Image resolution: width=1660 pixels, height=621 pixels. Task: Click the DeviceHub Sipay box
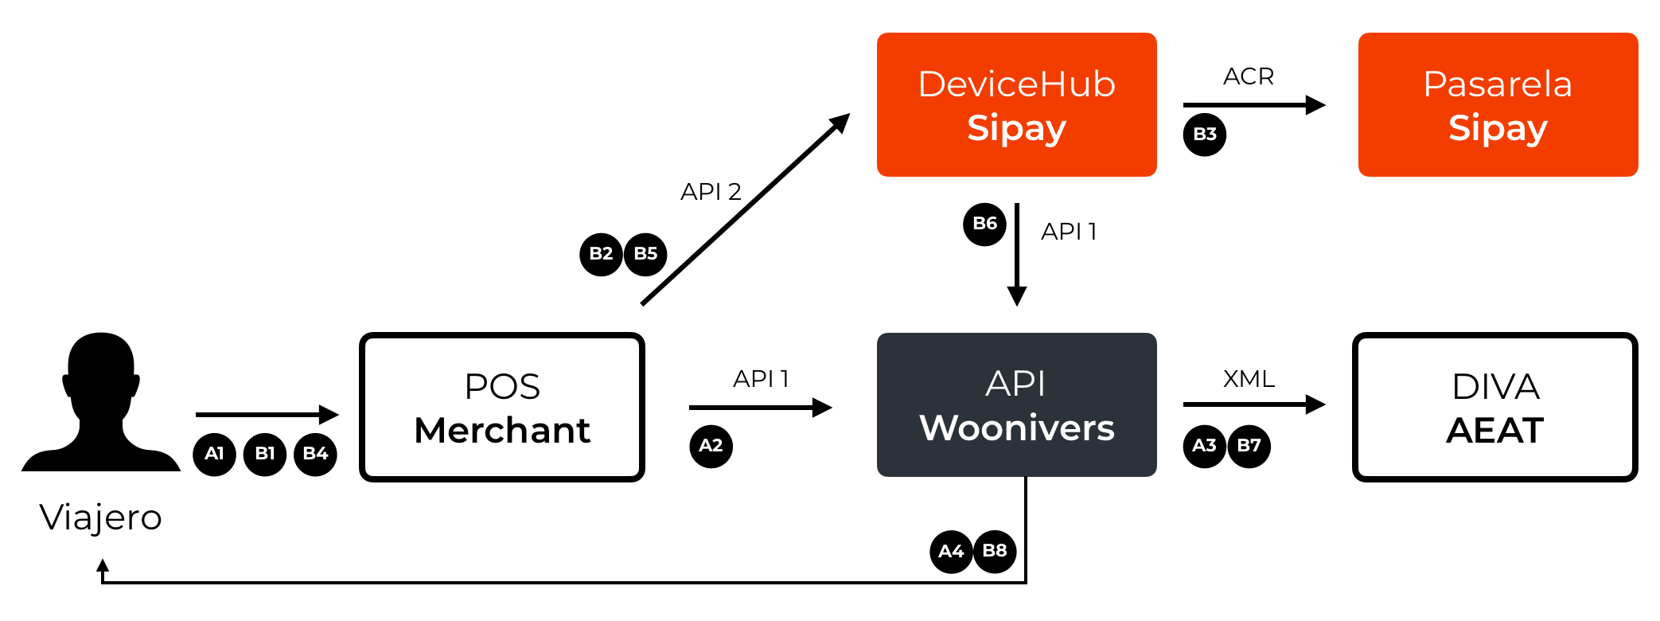(x=1016, y=105)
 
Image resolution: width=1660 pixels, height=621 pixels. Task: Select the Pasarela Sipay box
(x=1498, y=105)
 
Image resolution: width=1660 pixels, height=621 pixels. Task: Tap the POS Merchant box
(x=502, y=408)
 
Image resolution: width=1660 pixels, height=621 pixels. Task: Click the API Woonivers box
(x=1016, y=405)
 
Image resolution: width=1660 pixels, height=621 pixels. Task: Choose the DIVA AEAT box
(x=1495, y=408)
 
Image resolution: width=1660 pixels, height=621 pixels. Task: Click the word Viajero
(x=101, y=517)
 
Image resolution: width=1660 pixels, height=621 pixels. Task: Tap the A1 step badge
(x=214, y=455)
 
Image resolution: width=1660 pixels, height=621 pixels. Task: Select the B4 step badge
(x=315, y=455)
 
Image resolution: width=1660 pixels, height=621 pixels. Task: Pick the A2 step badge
(x=711, y=446)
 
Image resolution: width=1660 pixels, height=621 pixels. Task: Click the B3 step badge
(x=1205, y=134)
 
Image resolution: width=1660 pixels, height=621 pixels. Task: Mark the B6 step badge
(x=984, y=224)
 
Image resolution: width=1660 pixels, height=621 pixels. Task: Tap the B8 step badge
(x=995, y=551)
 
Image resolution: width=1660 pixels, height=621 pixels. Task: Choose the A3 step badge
(x=1204, y=446)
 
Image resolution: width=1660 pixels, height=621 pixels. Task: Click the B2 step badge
(x=601, y=254)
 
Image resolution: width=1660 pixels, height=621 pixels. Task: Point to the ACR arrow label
(x=1249, y=76)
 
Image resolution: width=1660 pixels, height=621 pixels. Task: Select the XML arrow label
(x=1249, y=379)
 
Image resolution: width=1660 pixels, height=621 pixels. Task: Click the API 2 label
(x=711, y=192)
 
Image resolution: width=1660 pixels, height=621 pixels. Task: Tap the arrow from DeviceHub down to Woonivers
(x=1017, y=255)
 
